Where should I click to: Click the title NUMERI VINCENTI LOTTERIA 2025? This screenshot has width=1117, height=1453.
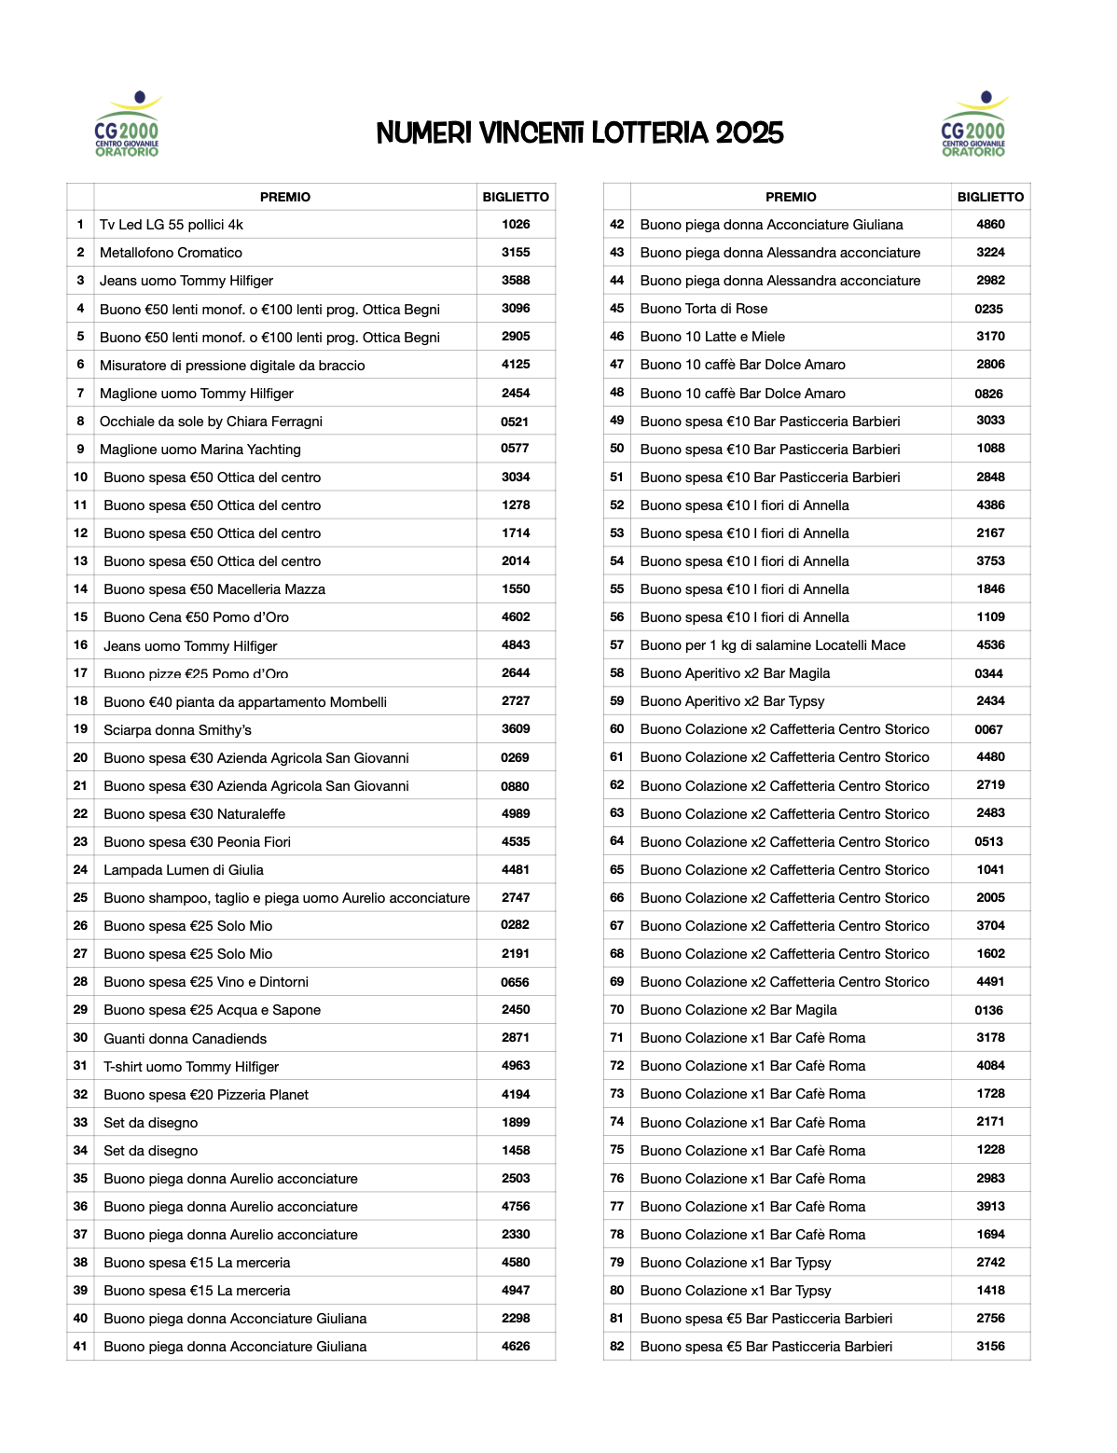[x=580, y=133]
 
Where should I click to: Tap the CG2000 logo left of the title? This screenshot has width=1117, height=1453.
[x=128, y=124]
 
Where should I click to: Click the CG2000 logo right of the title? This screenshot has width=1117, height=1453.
[x=973, y=124]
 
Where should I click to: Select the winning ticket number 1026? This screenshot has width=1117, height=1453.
[x=516, y=224]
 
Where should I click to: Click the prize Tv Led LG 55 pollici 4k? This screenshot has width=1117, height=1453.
[x=172, y=225]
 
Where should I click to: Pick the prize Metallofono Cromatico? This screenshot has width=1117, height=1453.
[x=171, y=253]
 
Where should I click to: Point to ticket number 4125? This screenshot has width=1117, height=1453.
[x=516, y=365]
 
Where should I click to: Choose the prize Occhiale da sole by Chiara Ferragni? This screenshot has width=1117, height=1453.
[x=211, y=422]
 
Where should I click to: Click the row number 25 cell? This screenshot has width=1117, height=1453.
[x=80, y=898]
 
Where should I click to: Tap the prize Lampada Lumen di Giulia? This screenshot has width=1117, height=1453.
[x=184, y=870]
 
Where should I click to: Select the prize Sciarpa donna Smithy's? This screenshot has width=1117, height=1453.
[x=177, y=730]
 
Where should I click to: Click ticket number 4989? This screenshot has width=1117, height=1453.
[x=516, y=814]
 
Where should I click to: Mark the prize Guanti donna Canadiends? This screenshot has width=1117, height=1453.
[x=185, y=1039]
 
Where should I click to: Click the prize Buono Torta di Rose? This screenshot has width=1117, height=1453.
[x=704, y=309]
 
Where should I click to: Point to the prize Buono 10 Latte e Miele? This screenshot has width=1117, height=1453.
[x=712, y=337]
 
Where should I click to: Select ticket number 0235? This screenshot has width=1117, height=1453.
[x=989, y=309]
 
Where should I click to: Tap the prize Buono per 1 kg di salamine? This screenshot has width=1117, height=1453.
[x=773, y=645]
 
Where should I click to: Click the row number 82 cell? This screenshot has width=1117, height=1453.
[x=617, y=1346]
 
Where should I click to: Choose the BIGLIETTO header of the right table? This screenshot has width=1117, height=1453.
[x=990, y=197]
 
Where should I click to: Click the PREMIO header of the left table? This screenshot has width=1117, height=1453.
[x=285, y=197]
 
